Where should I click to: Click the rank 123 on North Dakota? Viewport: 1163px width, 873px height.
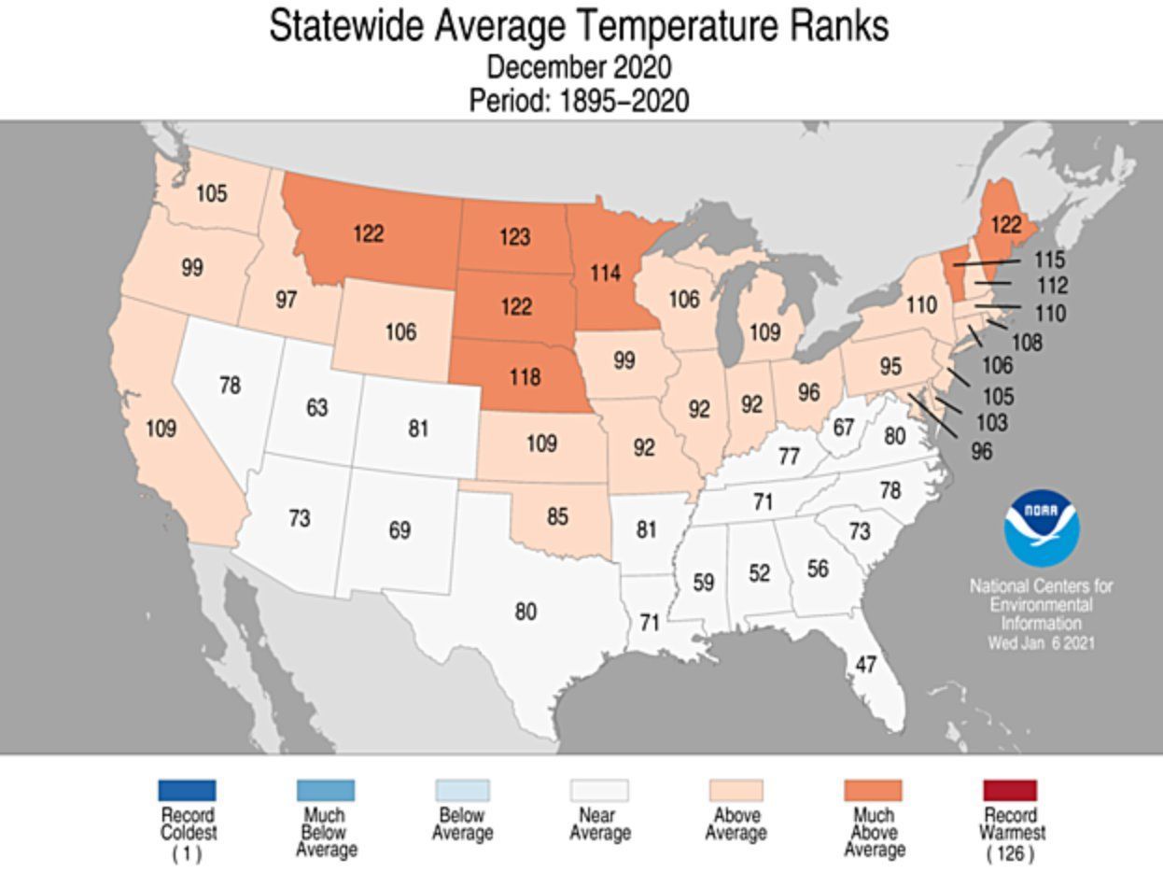tap(514, 236)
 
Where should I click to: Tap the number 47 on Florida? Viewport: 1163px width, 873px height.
tap(865, 664)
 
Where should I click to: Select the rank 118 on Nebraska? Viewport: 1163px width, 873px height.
tap(525, 376)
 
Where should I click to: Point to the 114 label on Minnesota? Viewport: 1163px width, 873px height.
tap(605, 273)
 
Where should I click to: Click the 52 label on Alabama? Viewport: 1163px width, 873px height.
tap(759, 572)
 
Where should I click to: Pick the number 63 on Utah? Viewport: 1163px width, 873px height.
tap(317, 408)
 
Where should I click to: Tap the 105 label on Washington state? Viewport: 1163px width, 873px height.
tap(212, 193)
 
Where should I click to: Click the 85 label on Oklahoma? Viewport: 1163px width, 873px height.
tap(557, 515)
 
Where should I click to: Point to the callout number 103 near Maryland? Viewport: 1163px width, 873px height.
tap(990, 422)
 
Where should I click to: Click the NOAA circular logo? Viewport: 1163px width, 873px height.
tap(1042, 528)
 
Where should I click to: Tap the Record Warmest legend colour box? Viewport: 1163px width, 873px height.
tap(1009, 791)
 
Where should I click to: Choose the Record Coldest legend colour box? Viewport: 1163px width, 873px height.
tap(187, 791)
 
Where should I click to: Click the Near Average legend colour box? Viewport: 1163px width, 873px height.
tap(599, 791)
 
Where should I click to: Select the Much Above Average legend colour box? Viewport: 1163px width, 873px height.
tap(873, 791)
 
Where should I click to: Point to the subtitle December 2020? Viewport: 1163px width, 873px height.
tap(579, 67)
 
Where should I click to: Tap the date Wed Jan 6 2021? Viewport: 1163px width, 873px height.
tap(1042, 643)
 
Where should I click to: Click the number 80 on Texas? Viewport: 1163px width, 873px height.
tap(525, 612)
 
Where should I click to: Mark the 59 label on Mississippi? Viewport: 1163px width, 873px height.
tap(703, 582)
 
